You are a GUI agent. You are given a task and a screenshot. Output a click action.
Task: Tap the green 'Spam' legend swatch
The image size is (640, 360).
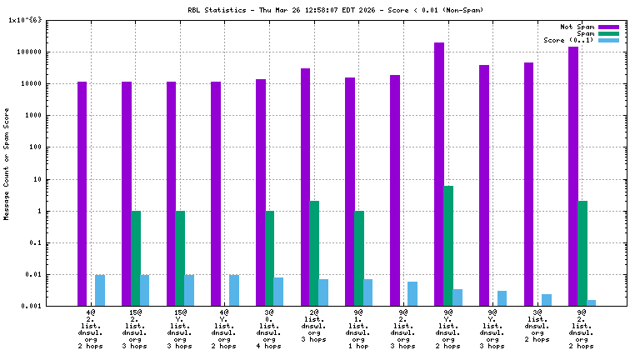[609, 33]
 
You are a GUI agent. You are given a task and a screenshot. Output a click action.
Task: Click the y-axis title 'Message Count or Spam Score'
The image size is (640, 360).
[7, 163]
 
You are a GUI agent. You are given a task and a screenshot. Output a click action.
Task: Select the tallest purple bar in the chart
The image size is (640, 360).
[439, 174]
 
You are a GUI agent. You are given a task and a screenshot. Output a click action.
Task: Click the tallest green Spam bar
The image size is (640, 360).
[448, 246]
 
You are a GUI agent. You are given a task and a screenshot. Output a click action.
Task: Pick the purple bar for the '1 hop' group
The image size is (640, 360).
[350, 192]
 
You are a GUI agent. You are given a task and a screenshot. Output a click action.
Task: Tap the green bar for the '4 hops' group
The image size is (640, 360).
[269, 258]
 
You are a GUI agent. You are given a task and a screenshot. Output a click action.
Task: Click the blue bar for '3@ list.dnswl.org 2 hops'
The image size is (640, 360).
[547, 300]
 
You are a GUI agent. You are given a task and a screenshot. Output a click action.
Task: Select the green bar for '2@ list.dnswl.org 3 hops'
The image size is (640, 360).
[314, 253]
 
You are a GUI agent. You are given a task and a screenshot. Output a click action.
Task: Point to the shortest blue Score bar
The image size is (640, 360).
[592, 303]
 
